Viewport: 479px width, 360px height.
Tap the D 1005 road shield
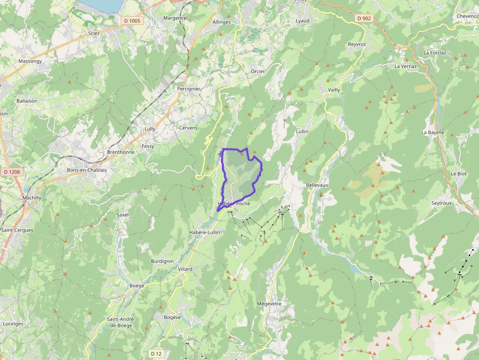point(131,21)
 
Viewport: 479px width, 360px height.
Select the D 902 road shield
point(364,18)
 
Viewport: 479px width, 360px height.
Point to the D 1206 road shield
point(12,171)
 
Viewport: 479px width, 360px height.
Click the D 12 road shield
point(156,353)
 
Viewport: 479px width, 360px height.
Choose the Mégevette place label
point(269,303)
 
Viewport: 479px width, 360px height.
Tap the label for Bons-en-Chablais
point(87,170)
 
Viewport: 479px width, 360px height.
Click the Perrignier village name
point(189,89)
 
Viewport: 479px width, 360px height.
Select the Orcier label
point(258,71)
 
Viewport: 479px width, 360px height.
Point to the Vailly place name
point(334,90)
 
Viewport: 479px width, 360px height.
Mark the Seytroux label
point(442,203)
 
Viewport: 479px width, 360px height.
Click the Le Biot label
point(458,173)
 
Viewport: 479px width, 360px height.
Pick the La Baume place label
point(433,132)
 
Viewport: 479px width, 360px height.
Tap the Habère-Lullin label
point(204,233)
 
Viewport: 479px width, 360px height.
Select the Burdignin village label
point(162,261)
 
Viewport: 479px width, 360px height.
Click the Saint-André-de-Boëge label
point(121,322)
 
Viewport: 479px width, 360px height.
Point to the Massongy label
point(30,61)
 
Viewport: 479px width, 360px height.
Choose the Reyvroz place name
point(357,44)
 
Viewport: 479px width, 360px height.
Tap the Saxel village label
point(122,214)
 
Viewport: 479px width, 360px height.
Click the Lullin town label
point(302,131)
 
